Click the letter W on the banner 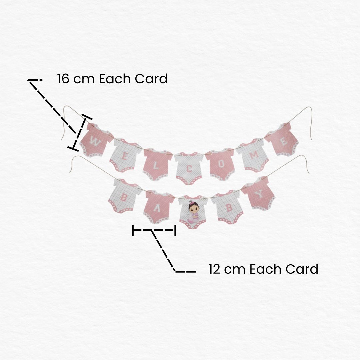pyautogui.click(x=95, y=141)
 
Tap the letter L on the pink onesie pyautogui.click(x=156, y=166)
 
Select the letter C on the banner pyautogui.click(x=189, y=169)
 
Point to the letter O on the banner pyautogui.click(x=221, y=164)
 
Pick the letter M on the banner pyautogui.click(x=254, y=155)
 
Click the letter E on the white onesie pyautogui.click(x=124, y=157)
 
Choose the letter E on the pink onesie pyautogui.click(x=284, y=141)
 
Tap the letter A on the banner pyautogui.click(x=157, y=208)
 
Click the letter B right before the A pyautogui.click(x=124, y=197)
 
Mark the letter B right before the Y pyautogui.click(x=229, y=208)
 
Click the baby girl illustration pyautogui.click(x=193, y=212)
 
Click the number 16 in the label pyautogui.click(x=63, y=79)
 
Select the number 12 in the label pyautogui.click(x=214, y=269)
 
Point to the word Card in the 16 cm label pyautogui.click(x=151, y=79)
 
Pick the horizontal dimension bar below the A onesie pyautogui.click(x=154, y=230)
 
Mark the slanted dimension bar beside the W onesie pyautogui.click(x=80, y=133)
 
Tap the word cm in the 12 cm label pyautogui.click(x=235, y=270)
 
